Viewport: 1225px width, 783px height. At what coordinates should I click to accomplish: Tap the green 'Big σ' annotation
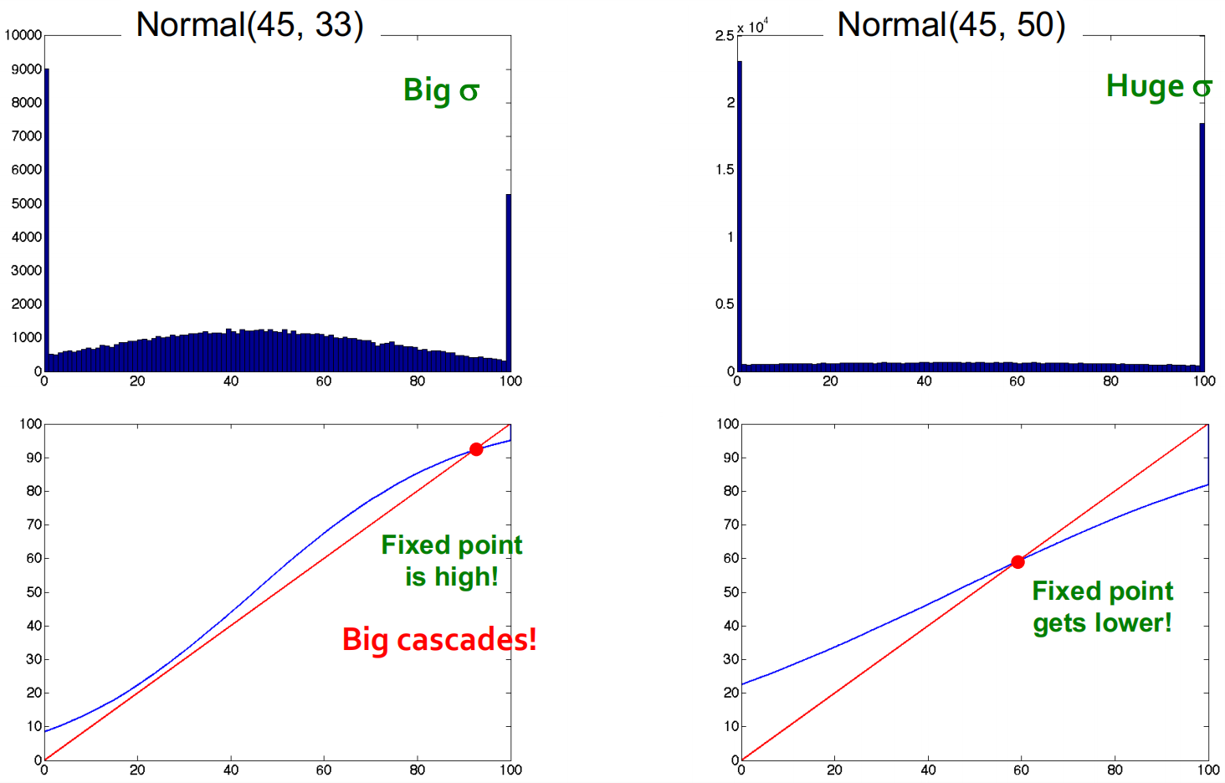(x=441, y=90)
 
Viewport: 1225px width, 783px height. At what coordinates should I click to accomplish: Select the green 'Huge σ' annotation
(x=1160, y=86)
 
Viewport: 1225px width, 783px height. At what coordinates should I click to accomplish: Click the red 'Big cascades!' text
(x=439, y=639)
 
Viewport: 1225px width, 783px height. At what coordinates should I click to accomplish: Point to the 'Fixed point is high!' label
(x=452, y=560)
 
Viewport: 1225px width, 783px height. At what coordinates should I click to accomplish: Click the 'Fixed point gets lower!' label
(x=1103, y=607)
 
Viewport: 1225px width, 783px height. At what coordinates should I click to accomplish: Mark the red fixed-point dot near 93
(x=476, y=449)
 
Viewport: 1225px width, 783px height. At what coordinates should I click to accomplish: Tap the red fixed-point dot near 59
(x=1017, y=562)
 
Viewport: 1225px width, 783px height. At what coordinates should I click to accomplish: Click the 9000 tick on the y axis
(x=26, y=69)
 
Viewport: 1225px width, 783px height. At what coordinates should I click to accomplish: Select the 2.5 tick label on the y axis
(x=725, y=36)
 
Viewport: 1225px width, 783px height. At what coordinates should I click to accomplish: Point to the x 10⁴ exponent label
(x=752, y=26)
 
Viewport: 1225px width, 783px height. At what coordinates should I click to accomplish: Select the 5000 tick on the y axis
(x=26, y=204)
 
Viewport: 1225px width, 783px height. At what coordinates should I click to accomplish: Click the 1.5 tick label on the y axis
(x=725, y=170)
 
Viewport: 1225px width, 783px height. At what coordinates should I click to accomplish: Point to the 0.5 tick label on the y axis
(x=725, y=304)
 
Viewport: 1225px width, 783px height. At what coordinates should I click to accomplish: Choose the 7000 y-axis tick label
(x=26, y=136)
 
